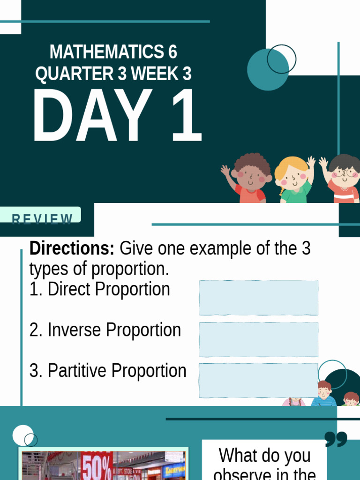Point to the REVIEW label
(42, 218)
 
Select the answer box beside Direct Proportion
(258, 298)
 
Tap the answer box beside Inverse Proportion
(258, 339)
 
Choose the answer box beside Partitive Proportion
(258, 380)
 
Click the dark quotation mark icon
(336, 439)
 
